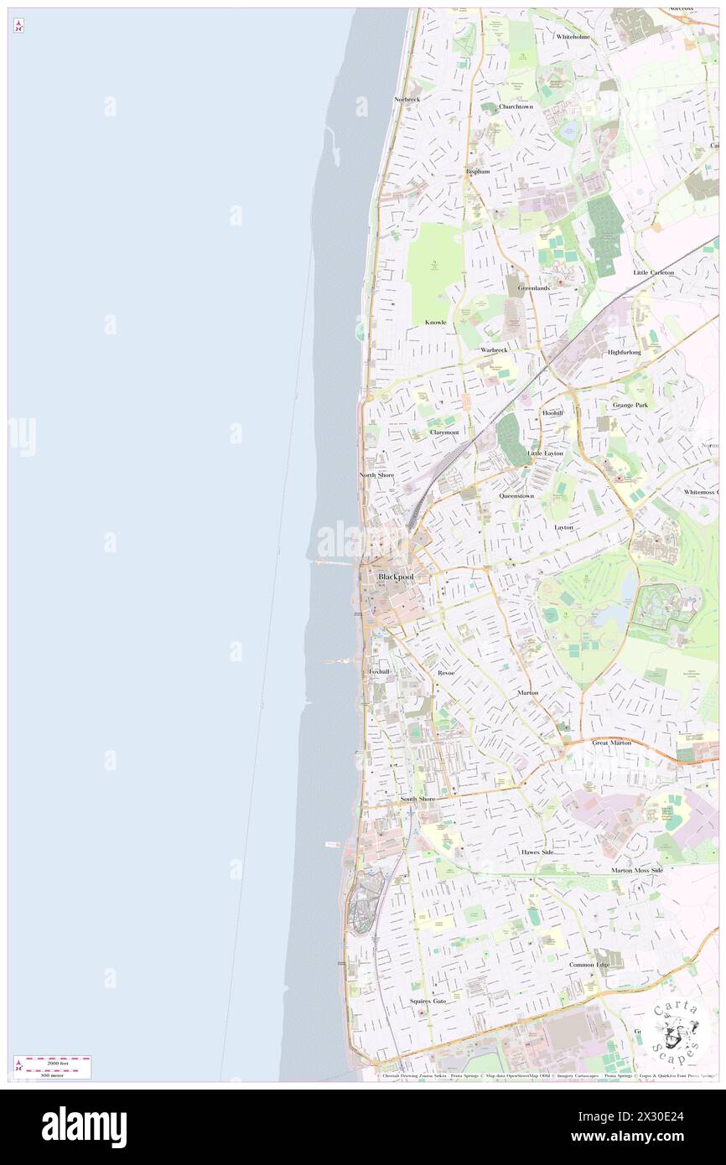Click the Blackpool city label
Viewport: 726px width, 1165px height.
396,577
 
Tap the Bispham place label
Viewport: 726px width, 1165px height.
477,171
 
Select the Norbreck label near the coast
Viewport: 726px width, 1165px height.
407,99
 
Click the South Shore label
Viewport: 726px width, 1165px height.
417,800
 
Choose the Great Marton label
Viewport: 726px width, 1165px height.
611,743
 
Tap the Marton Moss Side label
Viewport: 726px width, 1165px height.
637,870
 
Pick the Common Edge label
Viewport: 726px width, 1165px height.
589,965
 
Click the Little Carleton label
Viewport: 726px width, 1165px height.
654,272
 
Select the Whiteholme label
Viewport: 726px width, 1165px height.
573,37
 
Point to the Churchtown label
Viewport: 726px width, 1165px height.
516,106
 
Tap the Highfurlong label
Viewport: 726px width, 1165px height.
625,352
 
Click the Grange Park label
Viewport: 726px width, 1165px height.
630,405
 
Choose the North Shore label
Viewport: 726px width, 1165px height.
376,475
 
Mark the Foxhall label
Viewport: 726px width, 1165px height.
379,671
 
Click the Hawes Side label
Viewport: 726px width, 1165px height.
537,852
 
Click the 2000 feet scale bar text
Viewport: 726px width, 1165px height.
58,1060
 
